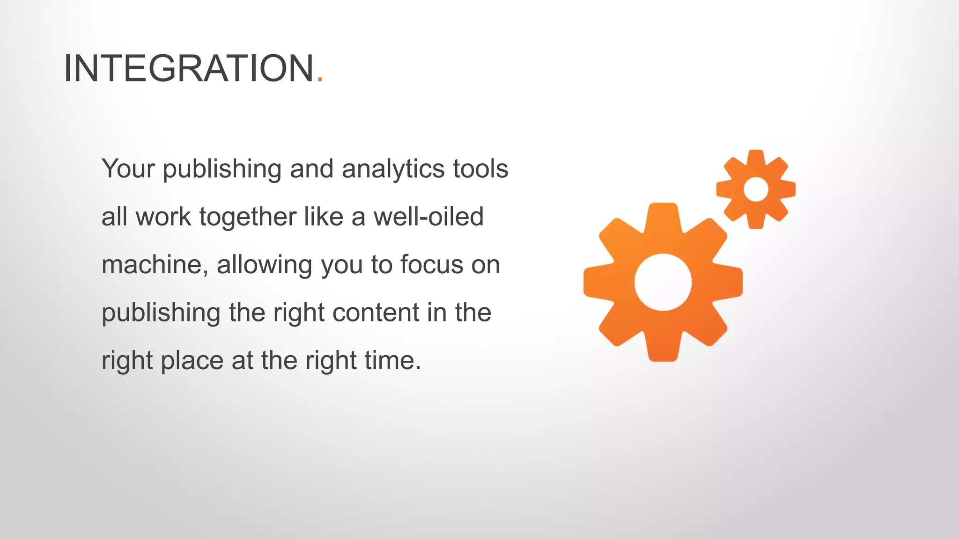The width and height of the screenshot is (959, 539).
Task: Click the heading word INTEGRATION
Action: tap(188, 68)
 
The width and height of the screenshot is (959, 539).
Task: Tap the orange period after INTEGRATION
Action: tap(320, 80)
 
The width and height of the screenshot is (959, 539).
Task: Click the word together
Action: tap(248, 218)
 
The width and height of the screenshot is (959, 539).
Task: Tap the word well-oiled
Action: tap(428, 217)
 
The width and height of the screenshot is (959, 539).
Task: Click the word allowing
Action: tap(264, 265)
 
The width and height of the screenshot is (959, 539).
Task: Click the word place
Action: tap(192, 361)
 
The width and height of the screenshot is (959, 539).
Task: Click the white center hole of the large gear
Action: tap(663, 282)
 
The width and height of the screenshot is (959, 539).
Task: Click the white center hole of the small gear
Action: tap(756, 189)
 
